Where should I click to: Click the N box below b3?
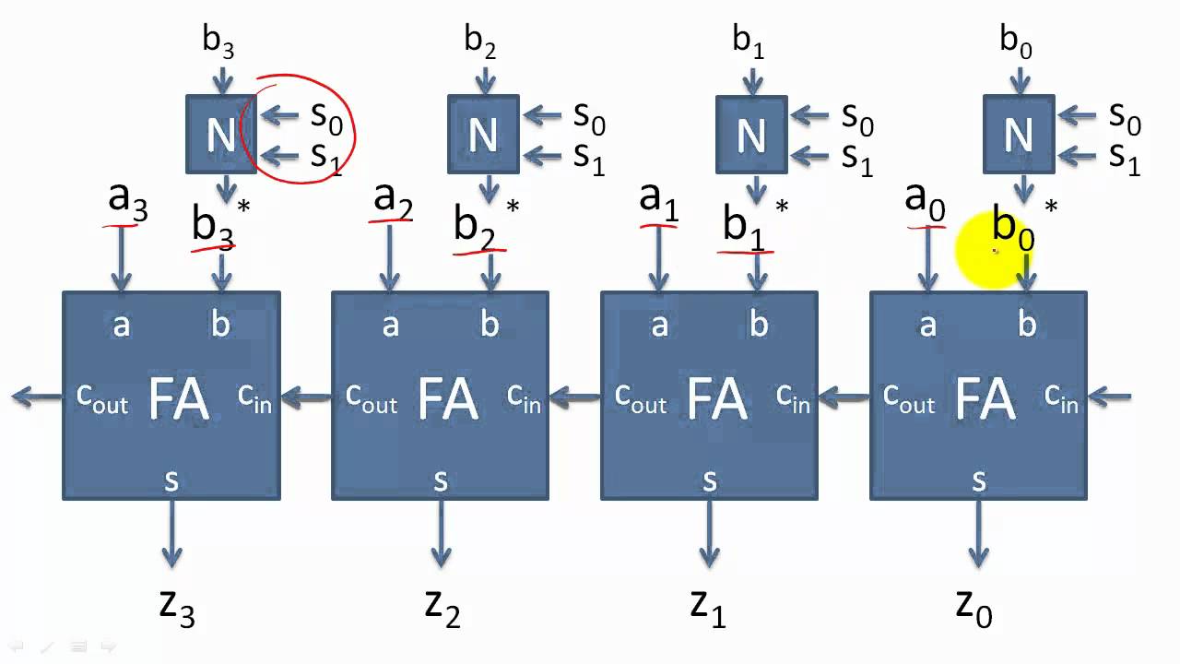click(x=221, y=135)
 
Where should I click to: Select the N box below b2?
click(x=483, y=135)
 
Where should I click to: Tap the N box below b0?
click(x=1018, y=135)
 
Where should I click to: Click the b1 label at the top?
click(x=749, y=41)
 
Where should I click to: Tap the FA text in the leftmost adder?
click(x=179, y=399)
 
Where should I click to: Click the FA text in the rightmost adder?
click(x=986, y=399)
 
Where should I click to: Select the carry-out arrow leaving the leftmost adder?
click(x=37, y=397)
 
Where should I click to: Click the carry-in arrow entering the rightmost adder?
click(x=1111, y=397)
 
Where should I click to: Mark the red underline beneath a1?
click(x=659, y=223)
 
